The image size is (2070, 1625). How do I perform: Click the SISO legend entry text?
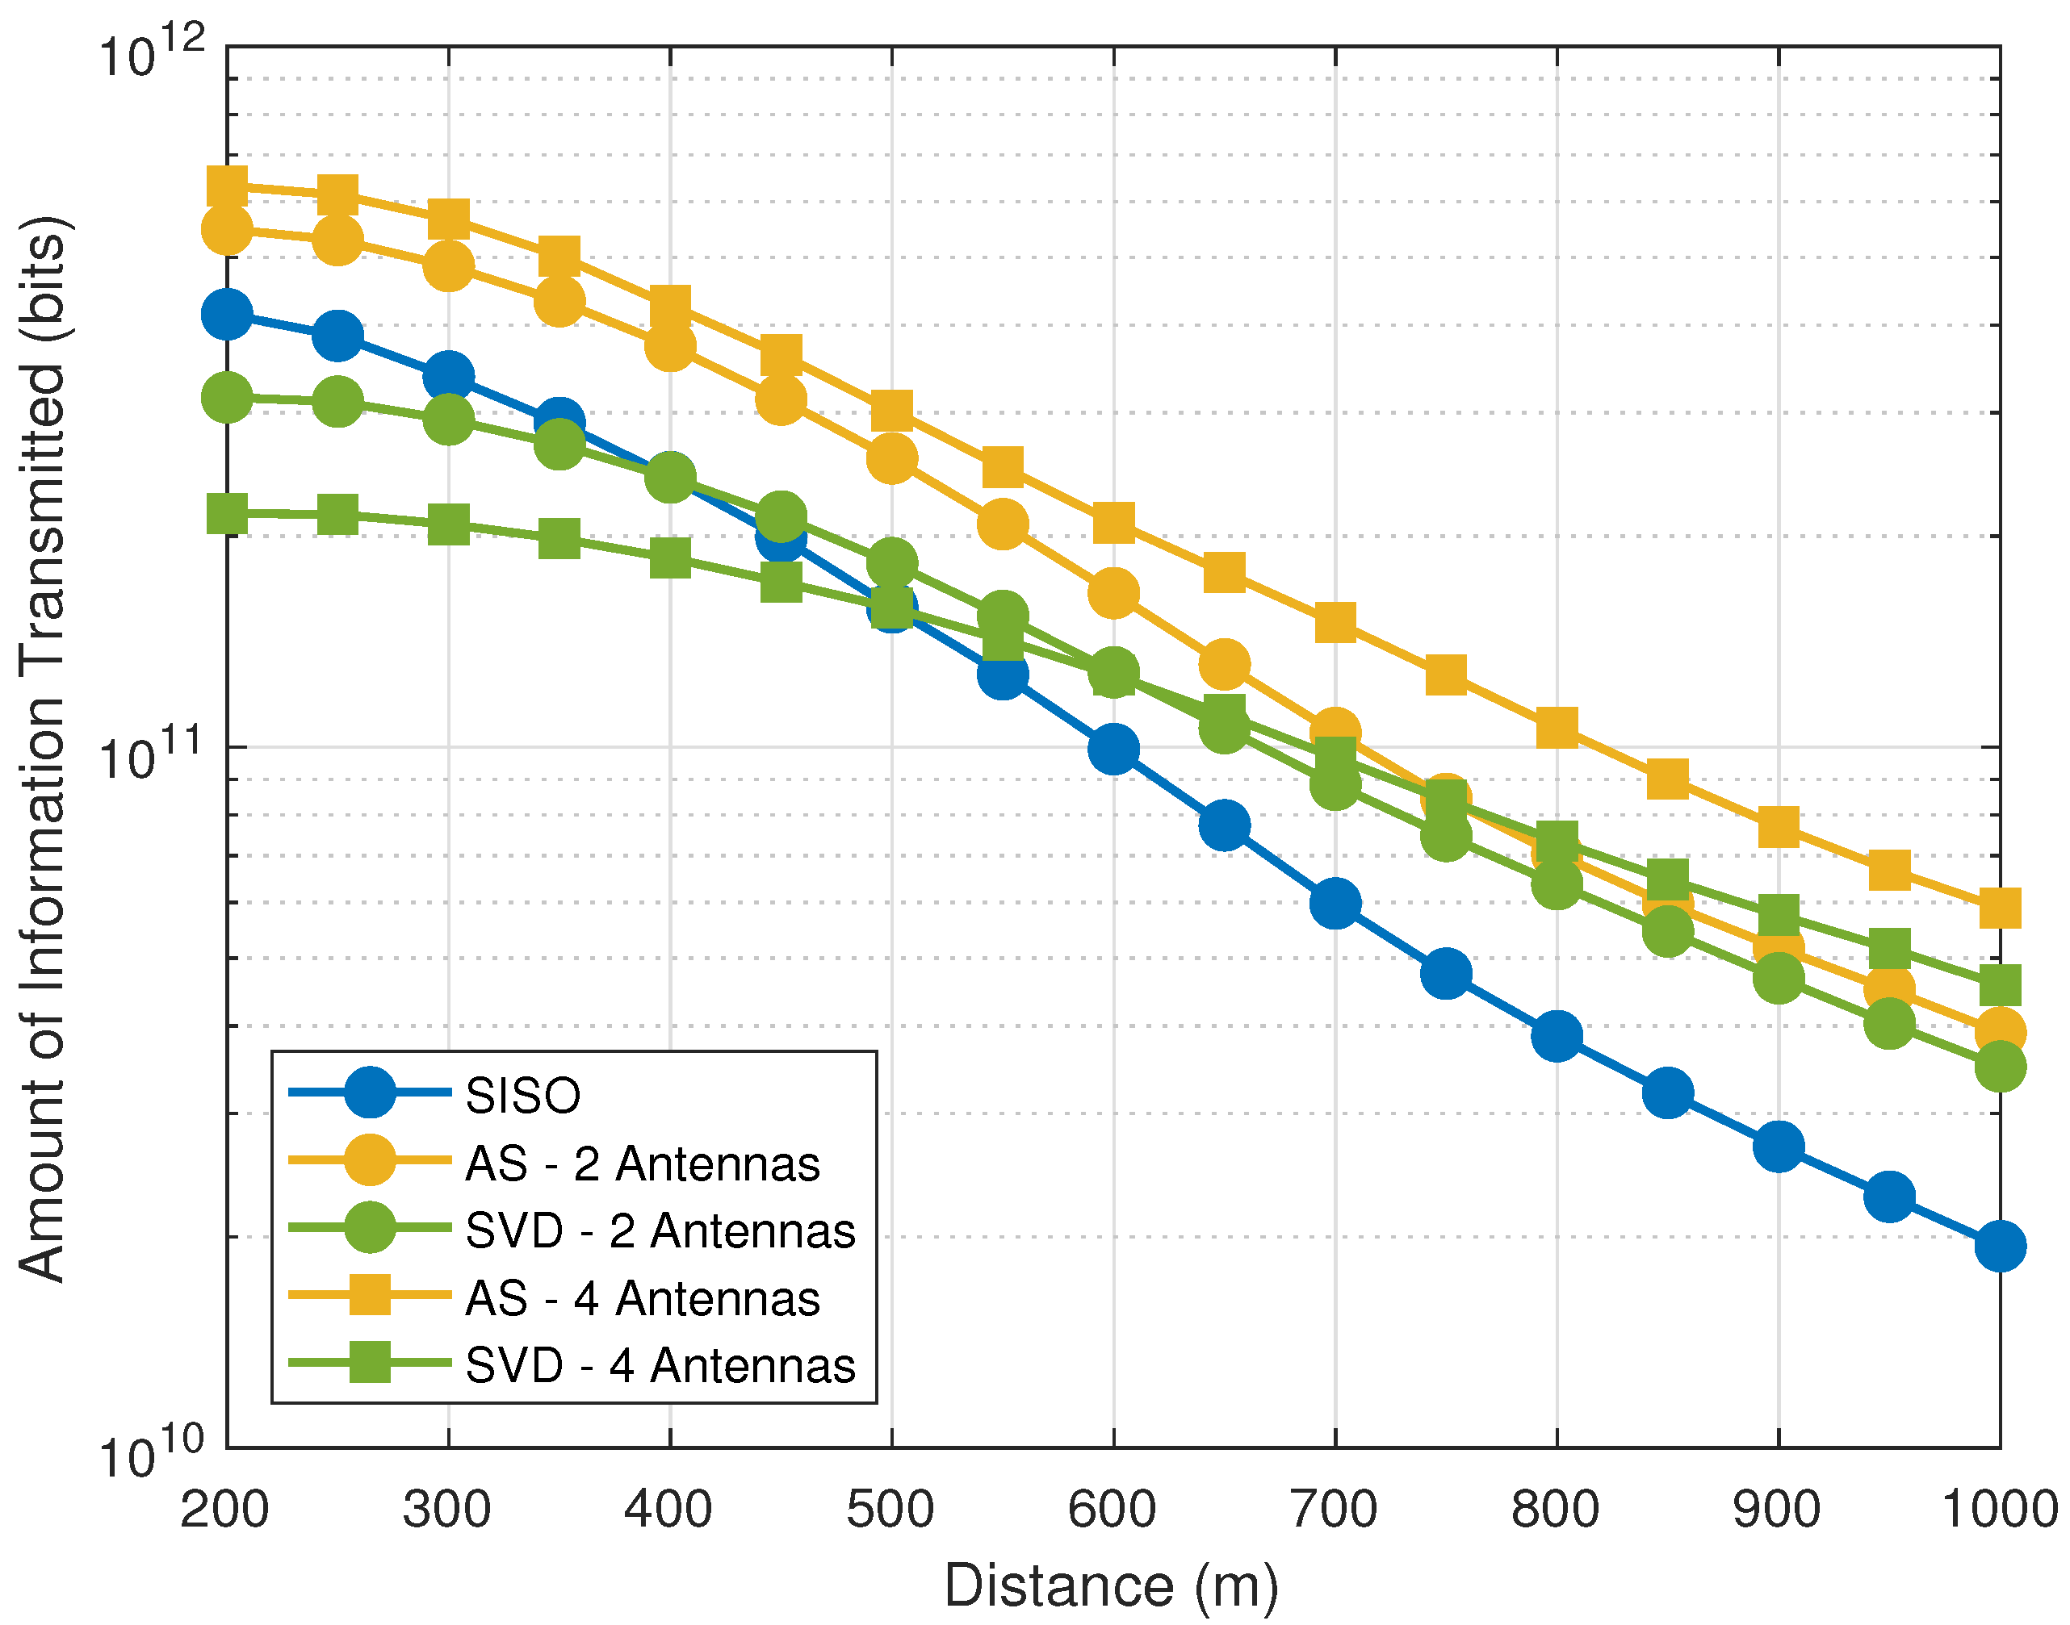click(x=522, y=1095)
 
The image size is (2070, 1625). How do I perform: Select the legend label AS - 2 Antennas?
click(x=643, y=1163)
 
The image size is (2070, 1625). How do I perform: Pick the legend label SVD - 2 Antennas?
click(x=660, y=1231)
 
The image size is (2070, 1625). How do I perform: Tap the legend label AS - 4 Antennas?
click(x=643, y=1299)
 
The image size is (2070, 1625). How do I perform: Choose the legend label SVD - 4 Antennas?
click(x=660, y=1366)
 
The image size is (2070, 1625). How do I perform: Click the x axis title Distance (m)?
click(x=1111, y=1586)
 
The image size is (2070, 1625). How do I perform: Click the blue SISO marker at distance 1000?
click(x=2000, y=1247)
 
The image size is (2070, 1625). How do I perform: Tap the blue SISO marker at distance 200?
click(x=227, y=314)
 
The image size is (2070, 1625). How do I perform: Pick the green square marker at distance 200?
click(x=227, y=514)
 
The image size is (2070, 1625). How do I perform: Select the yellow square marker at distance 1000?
click(x=2000, y=909)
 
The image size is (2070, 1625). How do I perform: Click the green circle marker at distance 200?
click(x=227, y=397)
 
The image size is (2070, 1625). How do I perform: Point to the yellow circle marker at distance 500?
click(x=892, y=458)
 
